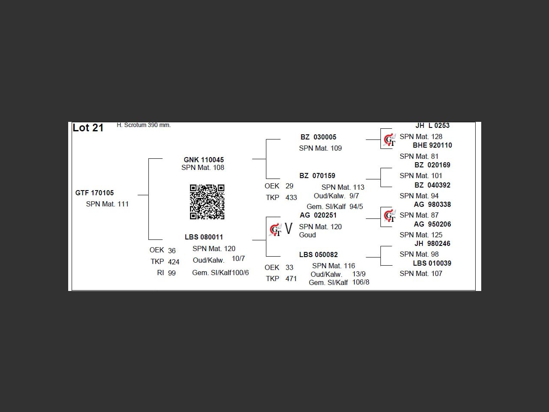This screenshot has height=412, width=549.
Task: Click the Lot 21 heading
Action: point(88,128)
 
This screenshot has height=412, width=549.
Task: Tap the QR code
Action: point(207,202)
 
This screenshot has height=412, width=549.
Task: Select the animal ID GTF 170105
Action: point(94,193)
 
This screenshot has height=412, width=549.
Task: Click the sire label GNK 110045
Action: point(204,160)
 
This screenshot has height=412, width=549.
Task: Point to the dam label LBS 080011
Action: point(204,237)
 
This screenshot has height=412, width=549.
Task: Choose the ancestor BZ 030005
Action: point(318,137)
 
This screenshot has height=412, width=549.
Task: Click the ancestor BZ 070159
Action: point(317,176)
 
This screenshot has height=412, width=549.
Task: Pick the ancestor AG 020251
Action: point(318,215)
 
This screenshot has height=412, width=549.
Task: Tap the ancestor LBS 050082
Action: point(318,254)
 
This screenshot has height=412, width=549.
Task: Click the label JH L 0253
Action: point(432,125)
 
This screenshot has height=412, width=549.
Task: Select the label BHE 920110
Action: point(432,145)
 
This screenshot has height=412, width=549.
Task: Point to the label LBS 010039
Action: point(432,263)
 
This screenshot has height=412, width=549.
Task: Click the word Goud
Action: point(307,235)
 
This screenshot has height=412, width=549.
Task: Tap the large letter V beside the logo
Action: point(288,229)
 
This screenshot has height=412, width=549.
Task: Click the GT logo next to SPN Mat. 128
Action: point(389,139)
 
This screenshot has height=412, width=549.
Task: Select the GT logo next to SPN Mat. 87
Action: point(389,215)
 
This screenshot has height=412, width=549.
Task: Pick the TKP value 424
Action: point(174,262)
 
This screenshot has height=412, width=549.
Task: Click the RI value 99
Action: point(172,273)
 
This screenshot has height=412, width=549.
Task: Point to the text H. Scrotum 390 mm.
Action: point(144,125)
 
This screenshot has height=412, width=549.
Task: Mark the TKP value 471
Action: point(291,279)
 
